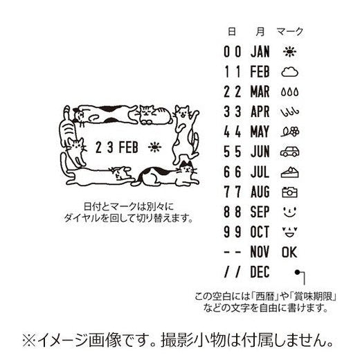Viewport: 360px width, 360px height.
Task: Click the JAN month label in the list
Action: pyautogui.click(x=260, y=51)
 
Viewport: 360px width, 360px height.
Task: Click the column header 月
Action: pyautogui.click(x=259, y=31)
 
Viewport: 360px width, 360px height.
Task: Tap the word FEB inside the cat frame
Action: pyautogui.click(x=128, y=147)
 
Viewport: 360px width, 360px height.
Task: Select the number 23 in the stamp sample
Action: pyautogui.click(x=101, y=147)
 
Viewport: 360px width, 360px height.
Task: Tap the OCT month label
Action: pyautogui.click(x=260, y=230)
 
